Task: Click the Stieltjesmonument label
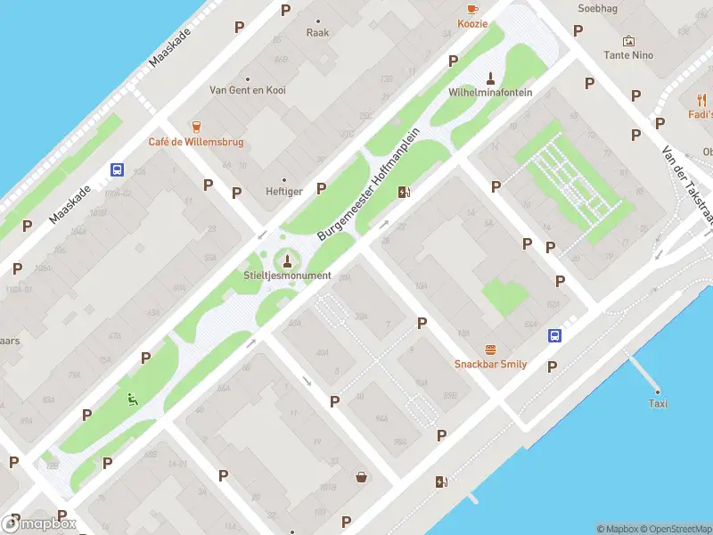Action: click(x=287, y=276)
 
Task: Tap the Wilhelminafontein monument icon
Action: click(x=490, y=76)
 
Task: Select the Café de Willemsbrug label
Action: click(x=195, y=142)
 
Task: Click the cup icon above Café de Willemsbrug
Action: click(x=196, y=127)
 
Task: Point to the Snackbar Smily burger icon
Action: click(x=489, y=349)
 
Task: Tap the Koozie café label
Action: click(x=472, y=24)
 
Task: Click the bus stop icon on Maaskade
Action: click(x=117, y=169)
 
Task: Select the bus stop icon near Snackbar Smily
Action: click(x=554, y=336)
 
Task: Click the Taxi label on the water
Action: click(x=658, y=404)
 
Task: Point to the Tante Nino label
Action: click(x=628, y=55)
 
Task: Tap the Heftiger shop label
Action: click(x=283, y=192)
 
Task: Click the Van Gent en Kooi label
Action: click(x=247, y=90)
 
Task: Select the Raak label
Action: click(x=317, y=33)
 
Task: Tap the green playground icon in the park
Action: click(x=133, y=400)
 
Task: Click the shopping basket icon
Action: click(x=362, y=476)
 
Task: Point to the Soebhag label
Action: click(x=596, y=8)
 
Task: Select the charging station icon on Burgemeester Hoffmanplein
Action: click(x=405, y=191)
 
